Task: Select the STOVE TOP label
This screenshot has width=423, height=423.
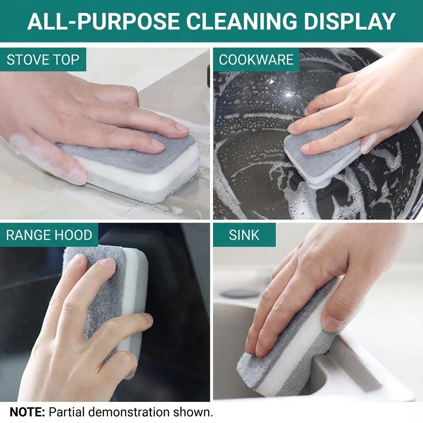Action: point(43,59)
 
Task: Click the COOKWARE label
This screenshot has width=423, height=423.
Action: point(256,59)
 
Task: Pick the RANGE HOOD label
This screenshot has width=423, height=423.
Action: point(49,235)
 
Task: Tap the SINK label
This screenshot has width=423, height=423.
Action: point(244,235)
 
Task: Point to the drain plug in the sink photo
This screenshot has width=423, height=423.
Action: point(240,294)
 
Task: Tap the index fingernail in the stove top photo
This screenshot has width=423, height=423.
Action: point(182,128)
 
